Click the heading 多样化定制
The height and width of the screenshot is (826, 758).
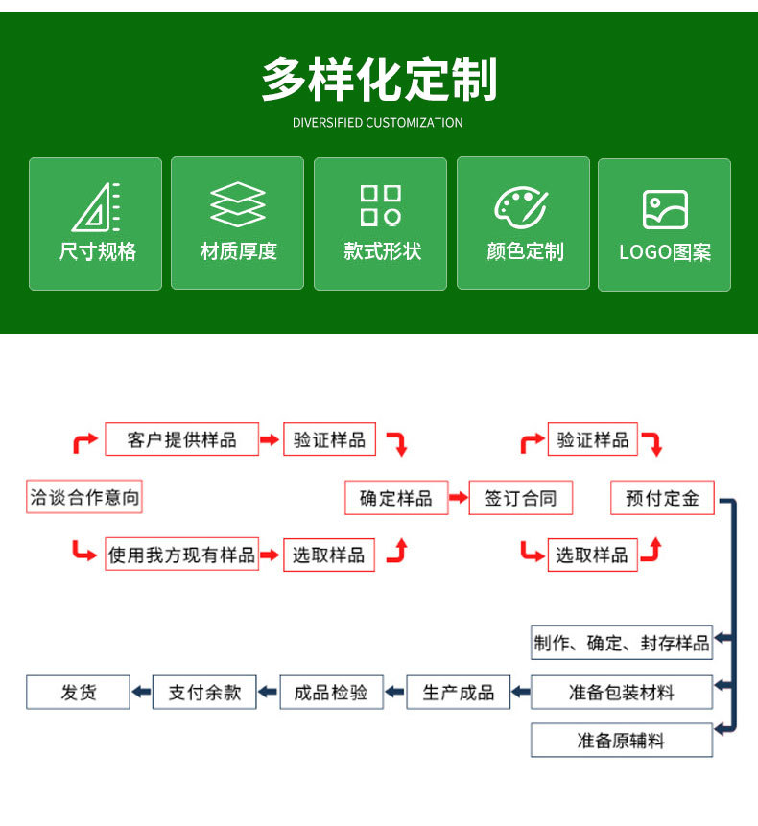[379, 80]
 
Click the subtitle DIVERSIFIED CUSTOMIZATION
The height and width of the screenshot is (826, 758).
[378, 123]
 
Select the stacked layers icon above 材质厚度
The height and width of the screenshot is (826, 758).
[238, 204]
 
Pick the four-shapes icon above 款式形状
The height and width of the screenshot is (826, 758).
[381, 205]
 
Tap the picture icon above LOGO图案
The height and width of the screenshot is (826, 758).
[665, 209]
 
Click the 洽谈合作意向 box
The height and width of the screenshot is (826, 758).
[85, 498]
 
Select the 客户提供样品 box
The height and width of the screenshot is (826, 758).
[182, 440]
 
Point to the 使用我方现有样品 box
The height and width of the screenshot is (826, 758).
[182, 555]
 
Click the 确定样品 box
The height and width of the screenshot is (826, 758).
[396, 498]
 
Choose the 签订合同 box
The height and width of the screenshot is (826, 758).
[520, 499]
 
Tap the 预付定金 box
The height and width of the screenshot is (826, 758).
[663, 498]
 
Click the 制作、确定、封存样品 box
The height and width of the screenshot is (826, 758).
[622, 642]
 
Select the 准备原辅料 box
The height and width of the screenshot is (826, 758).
[622, 741]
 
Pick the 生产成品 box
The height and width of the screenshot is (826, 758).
[459, 692]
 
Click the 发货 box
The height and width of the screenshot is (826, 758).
[79, 692]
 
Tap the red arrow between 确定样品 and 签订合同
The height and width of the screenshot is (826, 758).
[459, 499]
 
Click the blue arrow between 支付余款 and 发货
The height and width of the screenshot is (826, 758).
[141, 692]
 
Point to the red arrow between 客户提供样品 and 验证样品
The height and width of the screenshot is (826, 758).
[272, 440]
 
